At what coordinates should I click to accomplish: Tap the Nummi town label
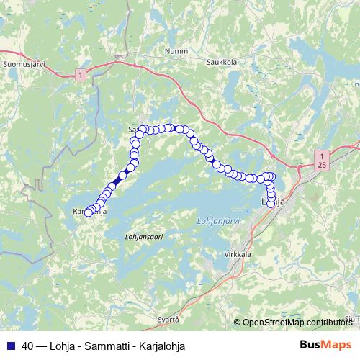click(177, 52)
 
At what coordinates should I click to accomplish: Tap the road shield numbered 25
click(322, 165)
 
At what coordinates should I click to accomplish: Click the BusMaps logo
click(325, 345)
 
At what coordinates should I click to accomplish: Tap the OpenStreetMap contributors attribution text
click(297, 322)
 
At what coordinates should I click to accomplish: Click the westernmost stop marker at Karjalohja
click(89, 212)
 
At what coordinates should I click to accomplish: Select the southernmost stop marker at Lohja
click(271, 204)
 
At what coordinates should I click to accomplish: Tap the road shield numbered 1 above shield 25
click(322, 155)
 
